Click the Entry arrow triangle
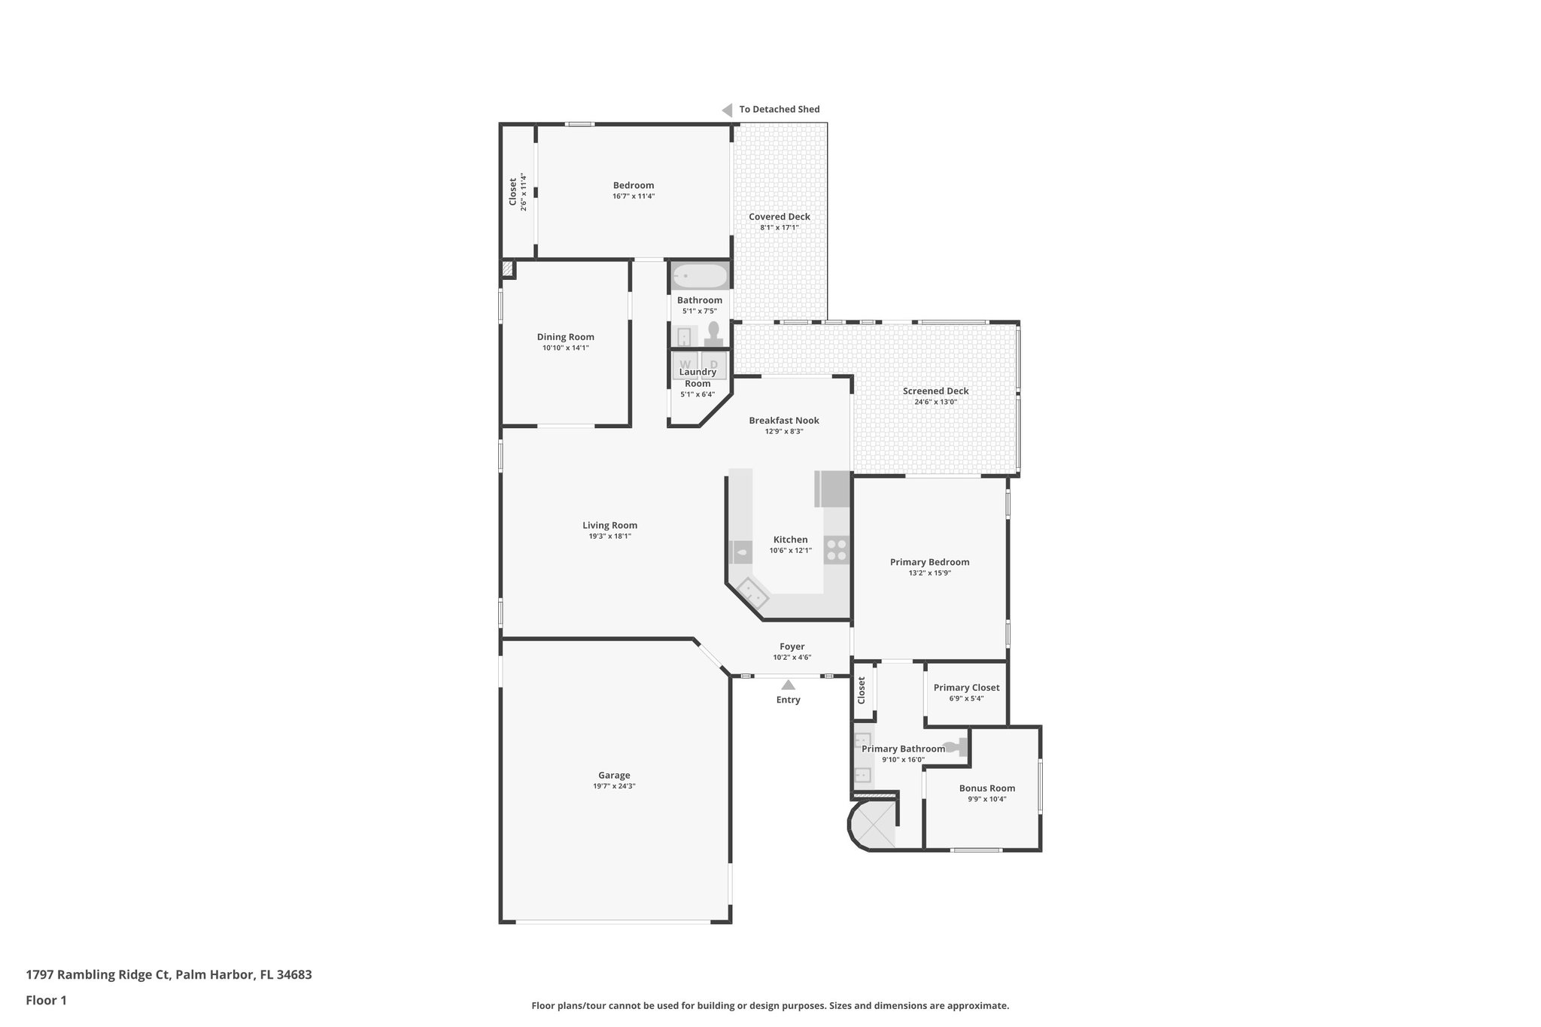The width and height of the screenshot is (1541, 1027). coord(788,685)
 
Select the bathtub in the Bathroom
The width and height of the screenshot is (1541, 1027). coord(700,276)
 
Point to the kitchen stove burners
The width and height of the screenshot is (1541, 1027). coord(836,551)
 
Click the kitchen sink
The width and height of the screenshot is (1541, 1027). coord(740,553)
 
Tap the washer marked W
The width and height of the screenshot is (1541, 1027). coord(685,364)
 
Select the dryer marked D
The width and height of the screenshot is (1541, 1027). coord(714,364)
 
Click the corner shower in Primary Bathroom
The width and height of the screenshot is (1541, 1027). coord(874,825)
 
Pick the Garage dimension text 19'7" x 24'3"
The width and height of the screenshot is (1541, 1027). coord(614,786)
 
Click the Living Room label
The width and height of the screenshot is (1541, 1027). coord(609,525)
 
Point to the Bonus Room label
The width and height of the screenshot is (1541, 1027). coord(986,788)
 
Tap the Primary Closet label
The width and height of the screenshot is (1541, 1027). coord(966,688)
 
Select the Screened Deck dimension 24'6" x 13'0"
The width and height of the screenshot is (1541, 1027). coord(935,402)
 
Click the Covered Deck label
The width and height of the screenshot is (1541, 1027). coord(779,217)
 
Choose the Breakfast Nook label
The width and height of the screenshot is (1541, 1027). coord(783,421)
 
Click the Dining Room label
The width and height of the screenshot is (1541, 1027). coord(565,337)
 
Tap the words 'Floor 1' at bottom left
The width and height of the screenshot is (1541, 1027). coord(46,1000)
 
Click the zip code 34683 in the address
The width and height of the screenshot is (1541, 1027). coord(293,975)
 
